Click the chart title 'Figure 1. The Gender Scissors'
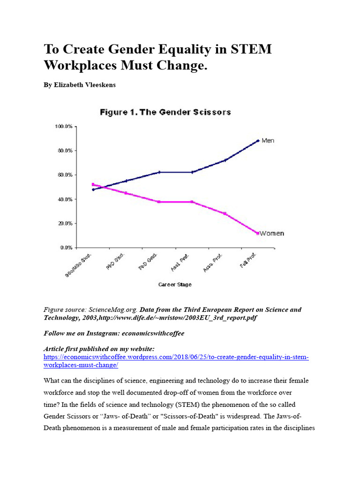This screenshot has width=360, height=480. pyautogui.click(x=165, y=112)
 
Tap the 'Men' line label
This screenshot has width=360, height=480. pyautogui.click(x=268, y=140)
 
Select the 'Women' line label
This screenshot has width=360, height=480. pyautogui.click(x=272, y=233)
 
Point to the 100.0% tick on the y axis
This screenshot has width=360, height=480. pyautogui.click(x=64, y=127)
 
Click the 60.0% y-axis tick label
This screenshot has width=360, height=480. pyautogui.click(x=65, y=175)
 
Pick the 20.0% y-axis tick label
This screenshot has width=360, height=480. pyautogui.click(x=65, y=223)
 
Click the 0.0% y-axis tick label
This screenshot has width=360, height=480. pyautogui.click(x=67, y=247)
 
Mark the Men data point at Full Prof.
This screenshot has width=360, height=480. pyautogui.click(x=257, y=141)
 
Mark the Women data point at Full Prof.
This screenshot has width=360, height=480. pyautogui.click(x=257, y=233)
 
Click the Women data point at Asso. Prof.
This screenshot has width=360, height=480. pyautogui.click(x=225, y=214)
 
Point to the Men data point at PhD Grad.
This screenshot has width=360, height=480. pyautogui.click(x=159, y=172)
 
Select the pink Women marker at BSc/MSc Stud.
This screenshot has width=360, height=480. pyautogui.click(x=93, y=184)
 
